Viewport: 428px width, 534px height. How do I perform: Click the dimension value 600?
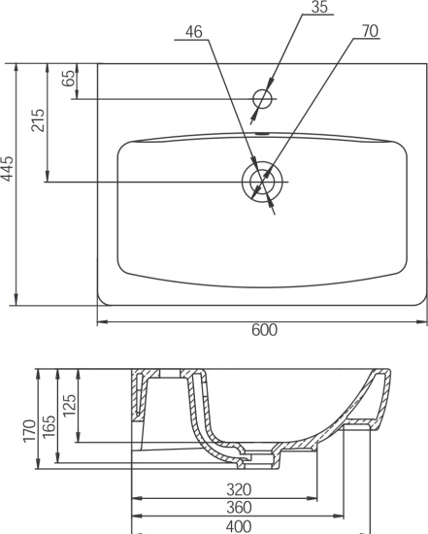pos(265,330)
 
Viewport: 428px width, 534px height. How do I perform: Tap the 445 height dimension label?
pos(7,168)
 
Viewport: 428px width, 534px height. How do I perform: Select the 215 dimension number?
pos(38,120)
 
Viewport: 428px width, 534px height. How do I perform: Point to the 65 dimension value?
pos(68,78)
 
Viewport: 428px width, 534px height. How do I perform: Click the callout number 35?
pos(319,7)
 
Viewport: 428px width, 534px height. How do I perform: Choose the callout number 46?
pos(194,32)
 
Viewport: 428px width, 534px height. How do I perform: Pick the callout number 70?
pos(370,31)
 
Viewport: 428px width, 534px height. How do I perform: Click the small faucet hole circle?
pos(262,99)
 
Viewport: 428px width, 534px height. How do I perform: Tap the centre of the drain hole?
pos(262,182)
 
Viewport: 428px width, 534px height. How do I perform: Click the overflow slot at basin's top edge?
pos(262,134)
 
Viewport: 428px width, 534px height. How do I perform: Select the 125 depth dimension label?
pos(69,405)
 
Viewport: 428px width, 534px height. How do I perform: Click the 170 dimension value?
pos(29,431)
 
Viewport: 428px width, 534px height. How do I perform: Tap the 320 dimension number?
pos(239,490)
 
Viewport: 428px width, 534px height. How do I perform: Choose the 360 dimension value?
pos(239,508)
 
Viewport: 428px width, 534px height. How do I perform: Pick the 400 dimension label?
pos(239,526)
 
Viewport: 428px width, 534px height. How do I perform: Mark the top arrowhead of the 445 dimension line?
pos(16,69)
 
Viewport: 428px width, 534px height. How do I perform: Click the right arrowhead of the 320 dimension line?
pos(312,498)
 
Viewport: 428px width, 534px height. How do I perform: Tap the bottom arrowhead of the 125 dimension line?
pos(79,437)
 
